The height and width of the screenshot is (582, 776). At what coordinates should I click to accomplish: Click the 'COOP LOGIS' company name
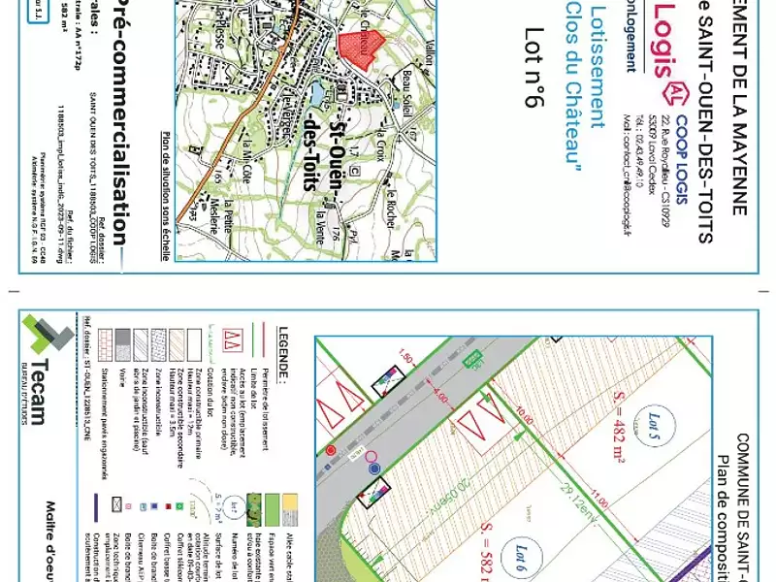coord(683,160)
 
